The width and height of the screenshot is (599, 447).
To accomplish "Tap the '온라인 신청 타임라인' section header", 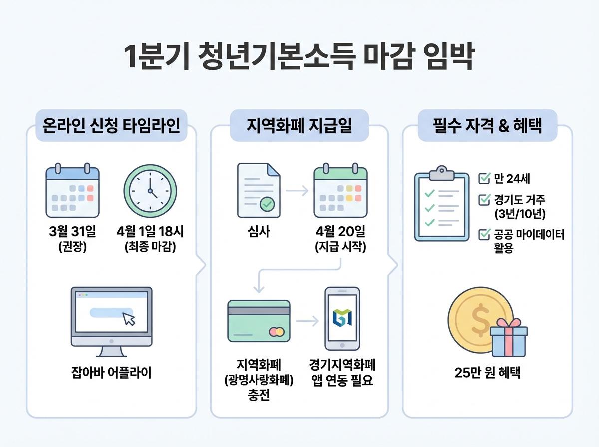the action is (x=111, y=125).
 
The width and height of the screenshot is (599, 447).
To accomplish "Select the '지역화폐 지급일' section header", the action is (x=299, y=125).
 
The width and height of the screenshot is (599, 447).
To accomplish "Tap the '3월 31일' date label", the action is (x=73, y=232).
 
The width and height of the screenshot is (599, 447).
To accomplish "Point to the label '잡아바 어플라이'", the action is (x=111, y=372).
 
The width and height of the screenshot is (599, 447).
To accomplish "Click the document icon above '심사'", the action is (x=258, y=190).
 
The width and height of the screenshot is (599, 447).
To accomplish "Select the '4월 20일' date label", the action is (x=340, y=232).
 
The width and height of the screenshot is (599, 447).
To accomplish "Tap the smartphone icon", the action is (x=342, y=318).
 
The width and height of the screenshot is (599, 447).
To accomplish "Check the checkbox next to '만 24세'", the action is (x=484, y=179).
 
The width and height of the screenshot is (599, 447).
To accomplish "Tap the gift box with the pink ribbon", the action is (x=508, y=339).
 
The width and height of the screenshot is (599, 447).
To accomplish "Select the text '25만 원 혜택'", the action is (x=487, y=373).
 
